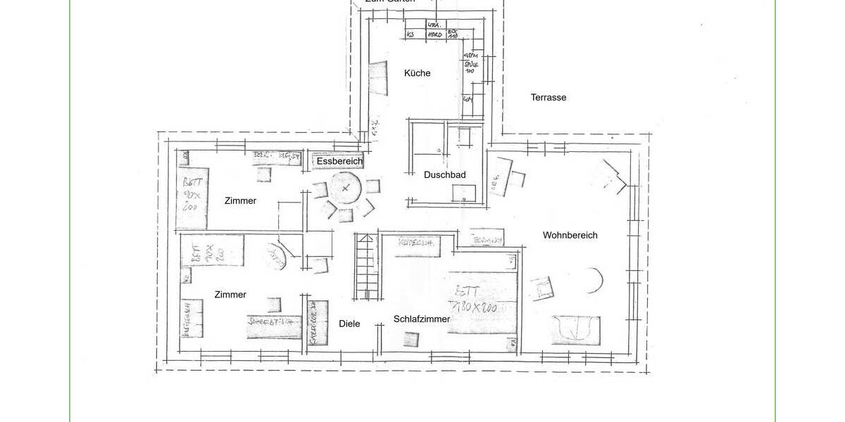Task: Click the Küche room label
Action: [417, 73]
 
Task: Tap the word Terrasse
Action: [549, 98]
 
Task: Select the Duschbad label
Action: [444, 175]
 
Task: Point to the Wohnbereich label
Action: [570, 235]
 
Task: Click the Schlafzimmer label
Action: [422, 319]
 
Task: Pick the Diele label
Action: [349, 324]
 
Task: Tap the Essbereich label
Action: [339, 161]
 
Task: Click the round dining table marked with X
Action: [345, 188]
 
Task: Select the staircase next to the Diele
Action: [365, 268]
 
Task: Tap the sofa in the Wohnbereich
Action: [576, 330]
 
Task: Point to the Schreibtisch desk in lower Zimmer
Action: [274, 326]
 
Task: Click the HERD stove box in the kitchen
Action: [435, 34]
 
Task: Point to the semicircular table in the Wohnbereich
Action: [592, 281]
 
